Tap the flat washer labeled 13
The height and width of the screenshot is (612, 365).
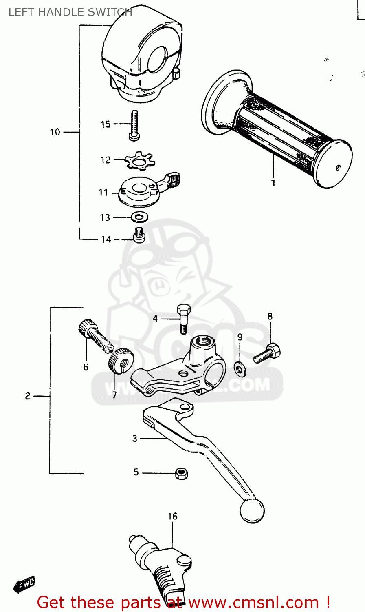click(x=139, y=217)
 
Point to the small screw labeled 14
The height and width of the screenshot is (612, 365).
click(x=139, y=235)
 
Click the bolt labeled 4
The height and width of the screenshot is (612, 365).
click(x=183, y=318)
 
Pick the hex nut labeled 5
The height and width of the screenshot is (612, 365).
click(x=181, y=473)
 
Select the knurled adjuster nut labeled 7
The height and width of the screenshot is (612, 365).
click(x=119, y=361)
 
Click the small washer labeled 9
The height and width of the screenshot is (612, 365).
click(x=240, y=369)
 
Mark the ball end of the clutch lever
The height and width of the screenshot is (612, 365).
click(x=252, y=510)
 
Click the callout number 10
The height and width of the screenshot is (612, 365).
click(x=55, y=132)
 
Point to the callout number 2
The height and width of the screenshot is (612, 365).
click(x=27, y=396)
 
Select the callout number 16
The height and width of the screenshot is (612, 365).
click(x=172, y=517)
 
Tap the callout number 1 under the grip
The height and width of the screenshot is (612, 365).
click(x=273, y=183)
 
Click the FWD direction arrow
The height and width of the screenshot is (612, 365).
click(x=24, y=585)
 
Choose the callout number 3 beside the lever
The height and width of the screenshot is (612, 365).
click(x=135, y=439)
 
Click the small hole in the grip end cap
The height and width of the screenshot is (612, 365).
click(x=338, y=167)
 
